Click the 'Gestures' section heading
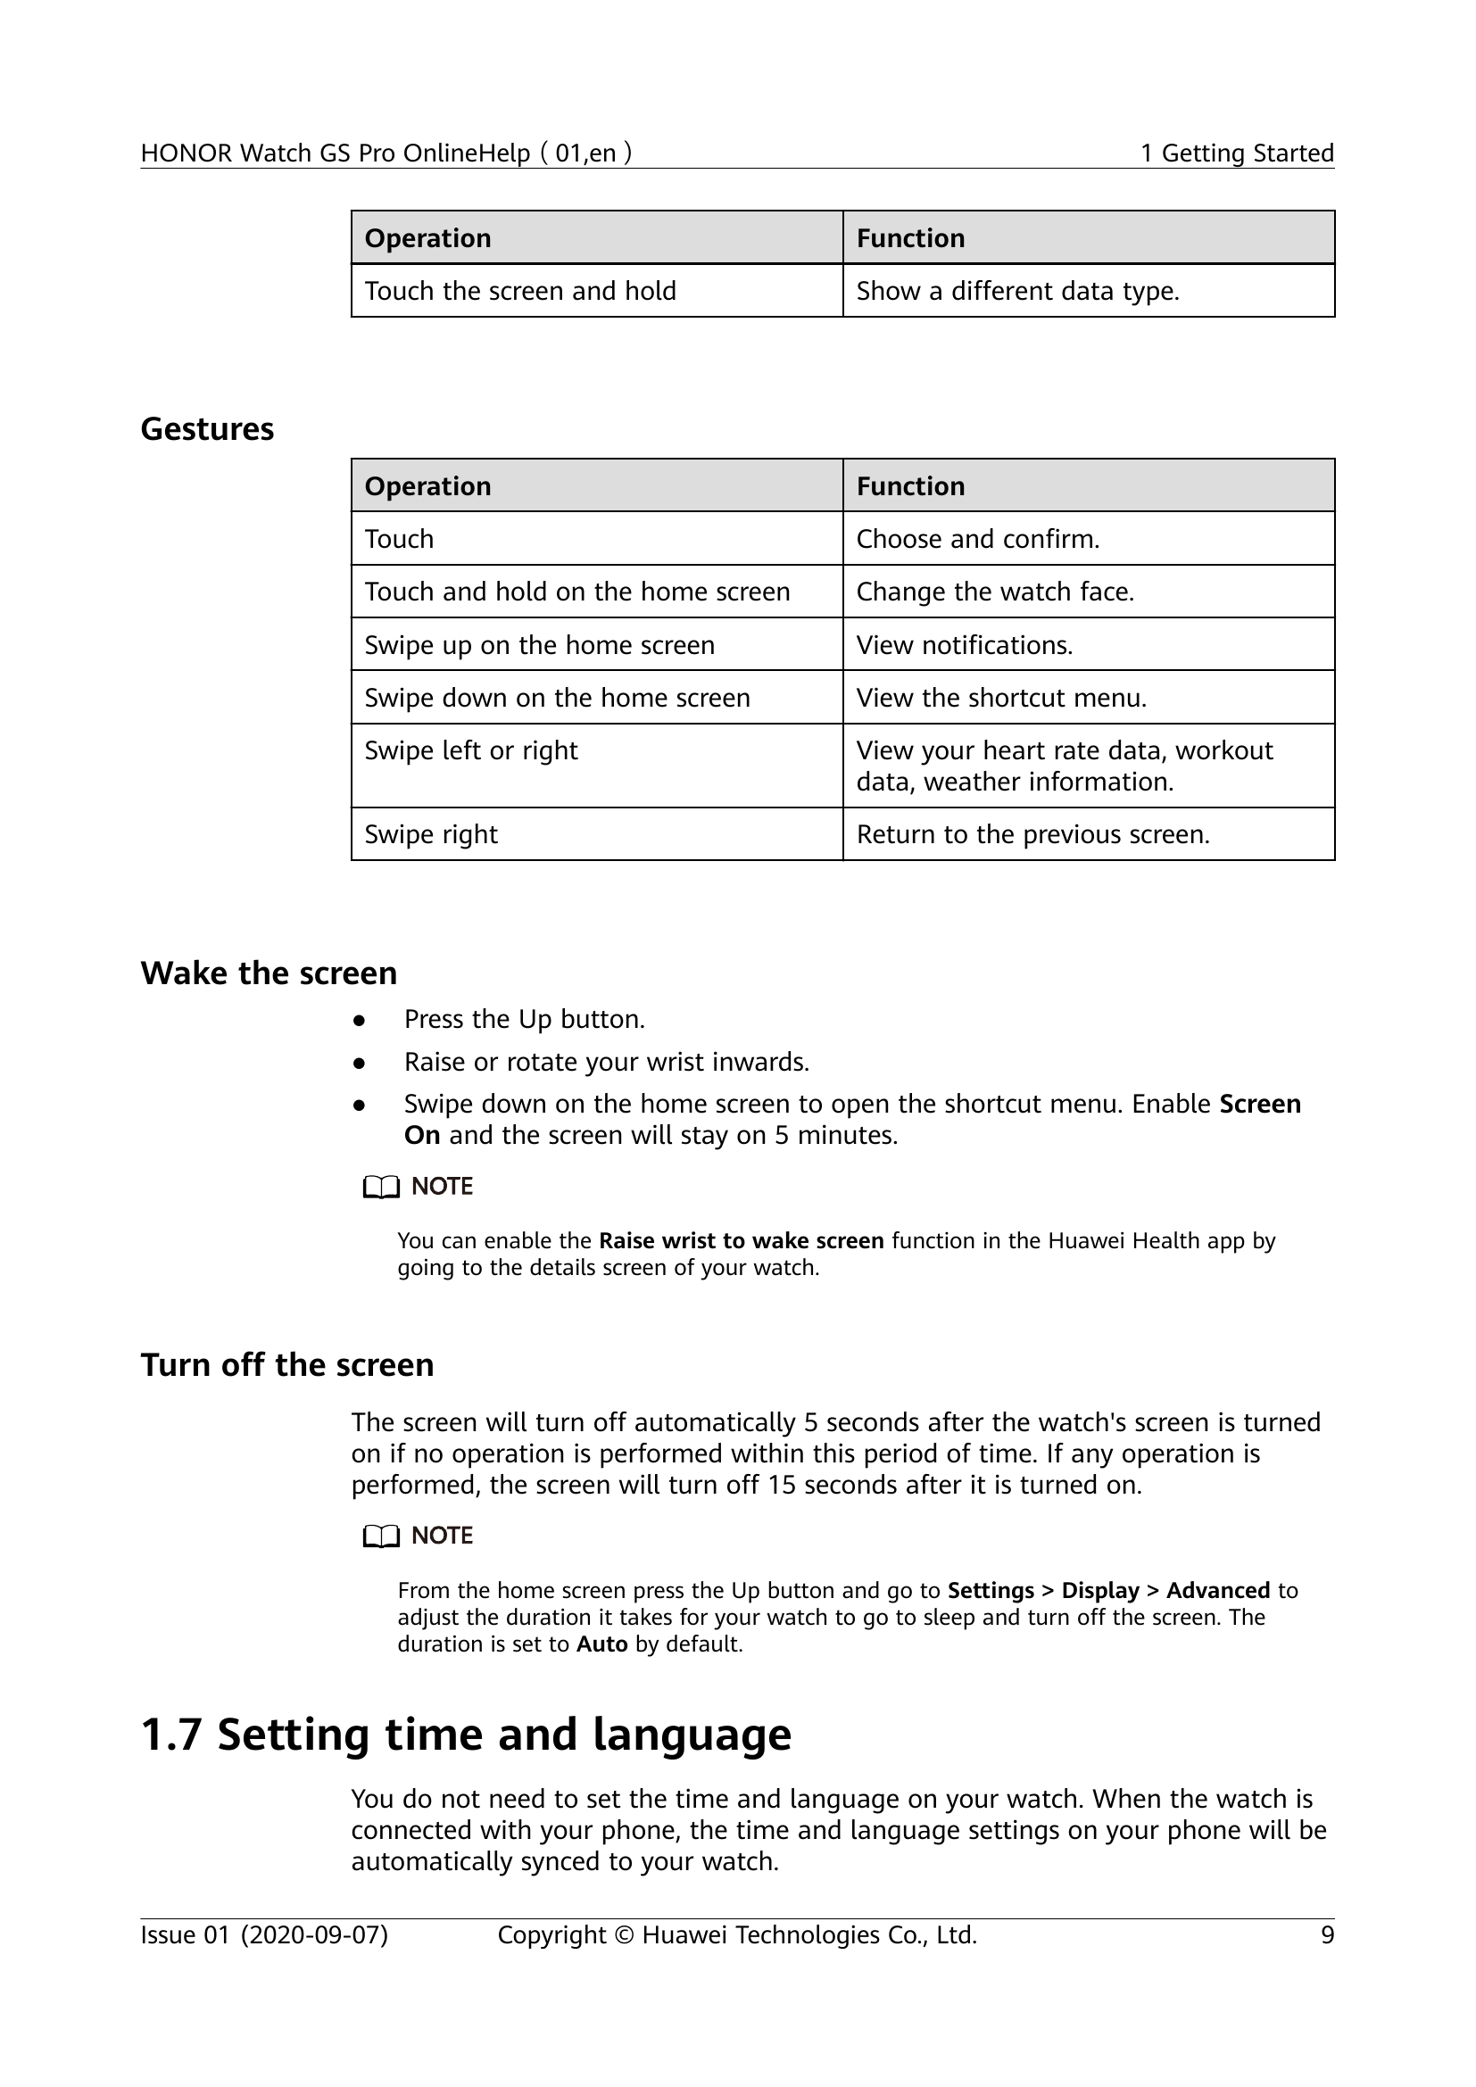[x=207, y=429]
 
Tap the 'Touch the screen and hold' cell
[x=520, y=291]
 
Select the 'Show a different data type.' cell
[x=1017, y=291]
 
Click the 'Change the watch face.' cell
[x=994, y=592]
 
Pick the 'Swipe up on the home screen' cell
[x=539, y=645]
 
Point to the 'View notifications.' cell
[x=965, y=645]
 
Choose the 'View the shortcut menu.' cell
[x=1000, y=698]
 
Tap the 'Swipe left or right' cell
[x=471, y=750]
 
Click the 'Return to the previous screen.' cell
[x=1032, y=834]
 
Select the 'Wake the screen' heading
[x=268, y=973]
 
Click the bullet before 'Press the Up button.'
[x=360, y=1021]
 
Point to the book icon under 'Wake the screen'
[x=381, y=1188]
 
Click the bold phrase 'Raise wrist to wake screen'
[x=741, y=1241]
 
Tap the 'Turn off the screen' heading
[x=286, y=1365]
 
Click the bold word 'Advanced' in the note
[x=1217, y=1591]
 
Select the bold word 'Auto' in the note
[x=601, y=1644]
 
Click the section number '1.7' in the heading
[x=170, y=1735]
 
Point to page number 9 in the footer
[x=1327, y=1935]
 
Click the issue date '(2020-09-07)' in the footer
[x=314, y=1935]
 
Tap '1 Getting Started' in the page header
[x=1237, y=153]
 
